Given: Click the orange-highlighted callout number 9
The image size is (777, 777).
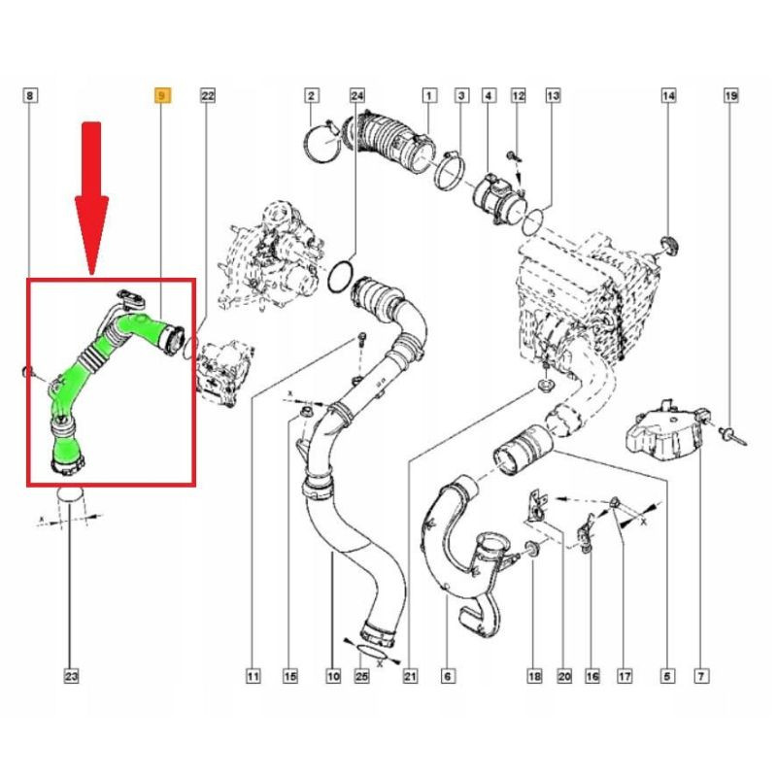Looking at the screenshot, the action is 162,95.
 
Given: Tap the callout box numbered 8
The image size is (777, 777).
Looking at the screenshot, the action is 30,95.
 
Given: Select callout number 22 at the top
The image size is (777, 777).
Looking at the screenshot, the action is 208,95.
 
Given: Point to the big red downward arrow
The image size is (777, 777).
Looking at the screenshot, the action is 91,197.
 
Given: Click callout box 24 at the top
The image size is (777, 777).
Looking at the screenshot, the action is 357,95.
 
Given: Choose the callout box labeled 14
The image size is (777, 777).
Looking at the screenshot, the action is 668,95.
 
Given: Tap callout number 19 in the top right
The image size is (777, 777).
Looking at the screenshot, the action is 731,95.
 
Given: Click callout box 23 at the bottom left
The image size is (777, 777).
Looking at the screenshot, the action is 71,676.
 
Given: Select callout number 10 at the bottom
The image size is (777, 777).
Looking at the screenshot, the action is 333,676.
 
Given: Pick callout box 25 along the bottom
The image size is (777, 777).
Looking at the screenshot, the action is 361,676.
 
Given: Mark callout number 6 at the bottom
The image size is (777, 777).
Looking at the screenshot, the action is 448,676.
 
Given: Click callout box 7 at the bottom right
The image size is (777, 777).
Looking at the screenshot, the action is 701,676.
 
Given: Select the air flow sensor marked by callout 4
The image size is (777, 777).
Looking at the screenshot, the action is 498,197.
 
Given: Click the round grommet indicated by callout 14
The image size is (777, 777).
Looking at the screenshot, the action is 669,247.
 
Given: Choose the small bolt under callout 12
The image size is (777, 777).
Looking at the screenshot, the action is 513,156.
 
